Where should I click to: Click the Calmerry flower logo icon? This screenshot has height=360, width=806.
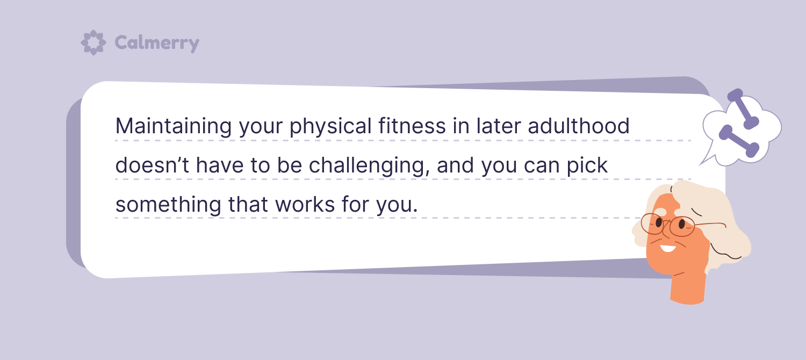pos(93,42)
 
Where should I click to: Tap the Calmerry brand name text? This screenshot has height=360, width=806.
pos(157,44)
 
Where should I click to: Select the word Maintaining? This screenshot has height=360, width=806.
pos(174,127)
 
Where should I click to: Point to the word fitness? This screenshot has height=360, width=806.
pos(412,126)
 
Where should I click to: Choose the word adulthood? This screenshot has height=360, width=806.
pos(579,126)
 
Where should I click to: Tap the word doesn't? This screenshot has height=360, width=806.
pos(152,165)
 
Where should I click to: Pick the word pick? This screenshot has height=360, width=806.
pos(587,166)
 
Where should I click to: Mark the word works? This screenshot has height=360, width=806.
pos(305,204)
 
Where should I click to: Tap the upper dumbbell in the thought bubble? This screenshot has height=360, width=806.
pos(743,109)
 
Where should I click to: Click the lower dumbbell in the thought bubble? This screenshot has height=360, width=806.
pos(739,141)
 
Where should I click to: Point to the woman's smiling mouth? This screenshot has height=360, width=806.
pos(668,248)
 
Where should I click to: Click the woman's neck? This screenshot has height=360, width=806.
pos(688,286)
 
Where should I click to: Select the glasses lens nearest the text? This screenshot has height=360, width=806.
pos(652,224)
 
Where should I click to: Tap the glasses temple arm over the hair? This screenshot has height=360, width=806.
pos(710,225)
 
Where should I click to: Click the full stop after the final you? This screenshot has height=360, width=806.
pos(415,211)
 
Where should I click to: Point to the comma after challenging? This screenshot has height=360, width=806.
pos(428,174)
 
